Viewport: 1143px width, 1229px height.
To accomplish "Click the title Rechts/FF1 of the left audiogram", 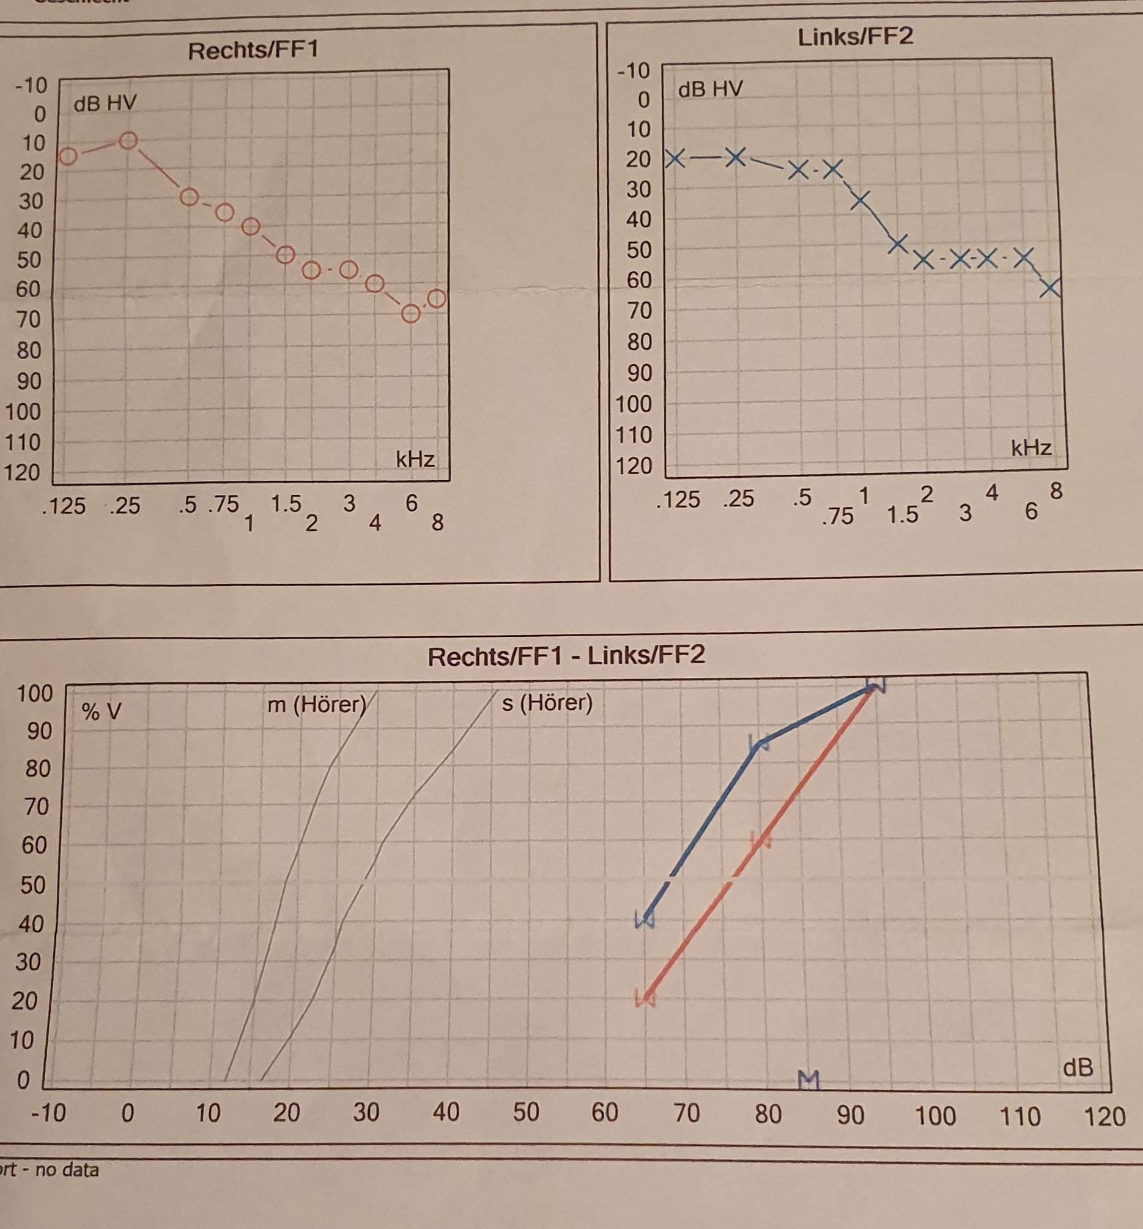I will pos(253,51).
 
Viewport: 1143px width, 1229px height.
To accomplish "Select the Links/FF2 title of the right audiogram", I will pos(855,37).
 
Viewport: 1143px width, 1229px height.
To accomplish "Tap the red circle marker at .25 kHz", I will pos(128,141).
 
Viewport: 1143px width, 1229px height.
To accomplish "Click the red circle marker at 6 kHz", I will pos(410,314).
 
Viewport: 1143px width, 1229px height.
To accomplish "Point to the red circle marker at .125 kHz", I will pos(68,156).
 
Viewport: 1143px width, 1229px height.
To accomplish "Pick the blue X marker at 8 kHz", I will pos(1050,288).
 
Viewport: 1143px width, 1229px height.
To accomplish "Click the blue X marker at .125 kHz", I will pos(676,159).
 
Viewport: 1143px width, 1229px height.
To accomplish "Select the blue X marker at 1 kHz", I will pos(860,199).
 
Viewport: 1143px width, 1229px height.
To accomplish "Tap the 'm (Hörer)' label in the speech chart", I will pos(317,704).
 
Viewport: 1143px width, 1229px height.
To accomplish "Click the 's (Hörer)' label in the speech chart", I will pos(547,703).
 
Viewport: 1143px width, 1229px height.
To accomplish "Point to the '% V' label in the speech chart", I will pos(102,712).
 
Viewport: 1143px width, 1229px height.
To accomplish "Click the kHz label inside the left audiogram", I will pos(415,459).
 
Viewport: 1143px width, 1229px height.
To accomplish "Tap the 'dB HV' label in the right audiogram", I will pos(710,90).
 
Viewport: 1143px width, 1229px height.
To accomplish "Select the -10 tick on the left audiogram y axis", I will pos(31,84).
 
